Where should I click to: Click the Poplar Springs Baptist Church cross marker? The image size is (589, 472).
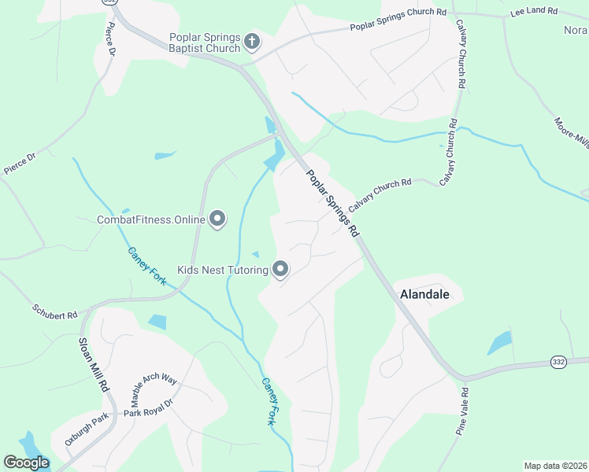pos(252,42)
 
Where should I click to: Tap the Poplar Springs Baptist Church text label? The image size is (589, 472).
pos(205,42)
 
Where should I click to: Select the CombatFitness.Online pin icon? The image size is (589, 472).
pos(217,220)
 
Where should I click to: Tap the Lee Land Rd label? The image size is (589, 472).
pos(533,12)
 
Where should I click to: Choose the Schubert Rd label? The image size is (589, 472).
pos(54,312)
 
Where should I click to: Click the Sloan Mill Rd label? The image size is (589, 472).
pos(92,366)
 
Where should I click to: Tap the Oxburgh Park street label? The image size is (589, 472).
pos(86,430)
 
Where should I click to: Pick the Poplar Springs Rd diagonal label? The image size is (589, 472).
pos(332,204)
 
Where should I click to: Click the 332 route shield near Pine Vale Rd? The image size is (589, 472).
pos(558,361)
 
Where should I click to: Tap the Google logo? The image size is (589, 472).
pos(26,462)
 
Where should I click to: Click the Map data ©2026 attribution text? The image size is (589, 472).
pos(555,466)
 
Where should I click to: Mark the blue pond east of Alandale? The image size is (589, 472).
pos(499,343)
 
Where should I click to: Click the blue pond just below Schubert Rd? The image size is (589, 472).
pos(157,321)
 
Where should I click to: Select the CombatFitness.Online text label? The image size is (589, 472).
pos(150,220)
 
